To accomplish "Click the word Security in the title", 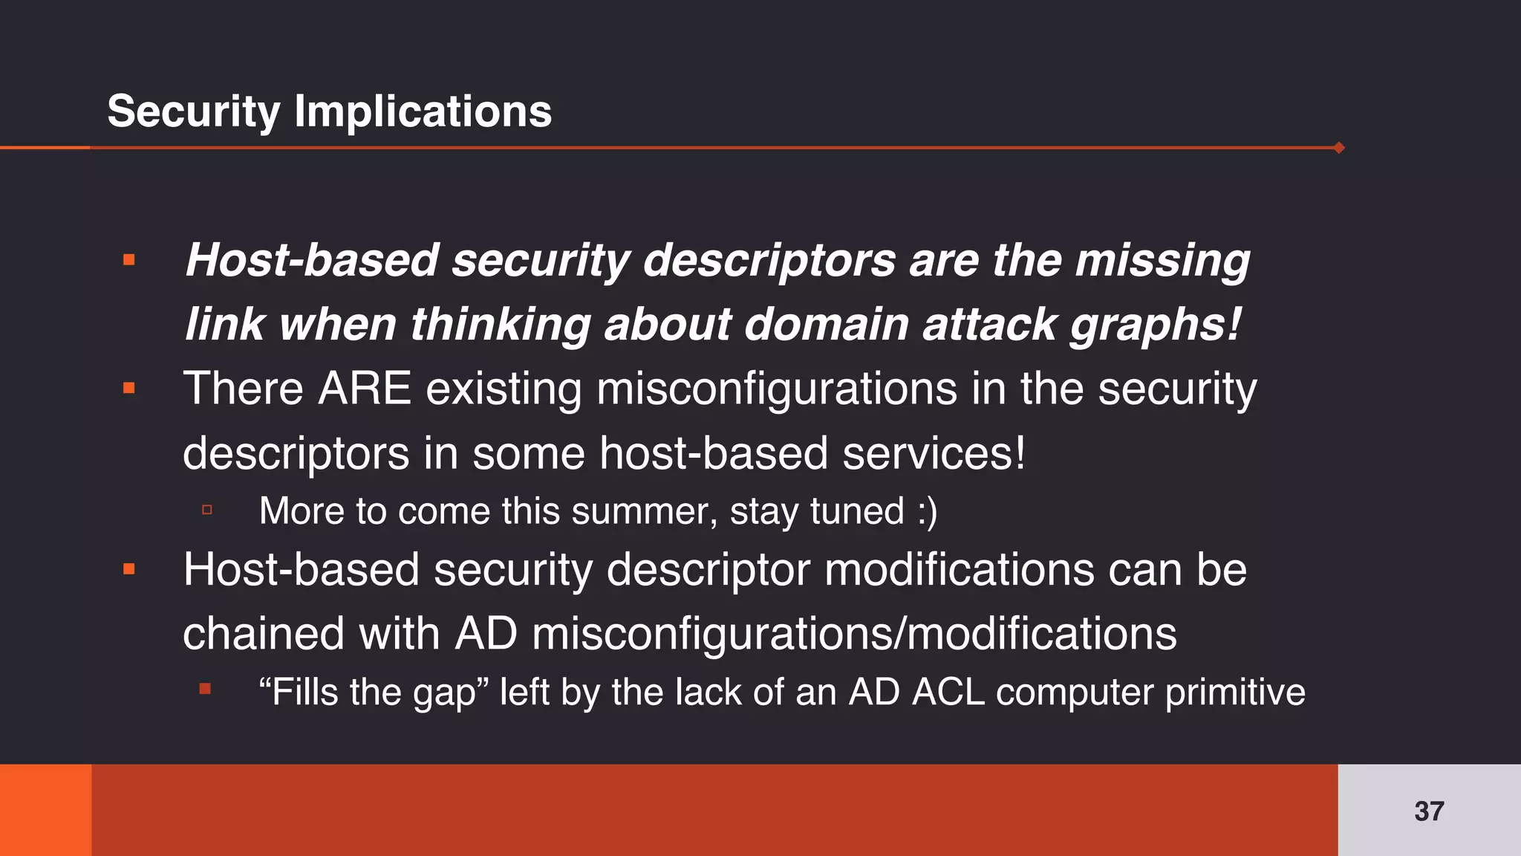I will pos(193,111).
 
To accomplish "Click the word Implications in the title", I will pos(423,111).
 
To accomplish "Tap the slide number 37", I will pos(1429,811).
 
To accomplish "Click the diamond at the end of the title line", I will pos(1339,148).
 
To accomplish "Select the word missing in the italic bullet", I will pos(1162,261).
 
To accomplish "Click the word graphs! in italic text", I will pos(1155,325).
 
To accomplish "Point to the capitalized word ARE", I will pos(364,389).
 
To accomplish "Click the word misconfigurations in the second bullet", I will pos(776,389).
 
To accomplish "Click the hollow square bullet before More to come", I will pos(207,510).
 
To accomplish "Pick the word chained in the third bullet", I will pos(263,634).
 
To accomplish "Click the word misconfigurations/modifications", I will pos(854,634).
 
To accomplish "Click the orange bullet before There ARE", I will pos(129,388).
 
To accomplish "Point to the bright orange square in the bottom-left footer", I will pos(45,810).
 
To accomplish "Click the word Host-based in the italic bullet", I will pos(312,261).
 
